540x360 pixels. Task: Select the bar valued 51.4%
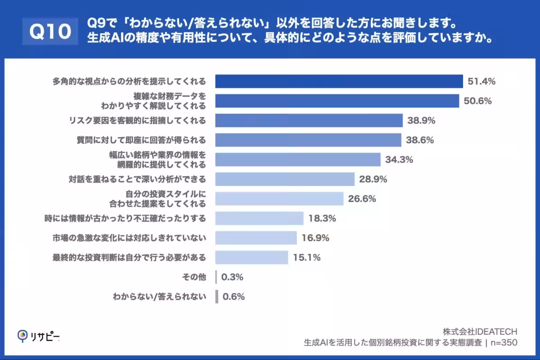[x=339, y=81]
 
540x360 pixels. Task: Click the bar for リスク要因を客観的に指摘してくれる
[x=309, y=121]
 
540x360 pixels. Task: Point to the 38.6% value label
[x=419, y=140]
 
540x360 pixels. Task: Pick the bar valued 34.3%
[x=298, y=159]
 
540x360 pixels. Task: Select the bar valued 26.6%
[x=279, y=198]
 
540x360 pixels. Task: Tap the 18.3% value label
[x=323, y=218]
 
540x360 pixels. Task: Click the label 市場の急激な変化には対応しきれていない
[x=129, y=238]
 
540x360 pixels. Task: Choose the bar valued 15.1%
[x=252, y=257]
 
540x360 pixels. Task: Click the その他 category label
[x=194, y=277]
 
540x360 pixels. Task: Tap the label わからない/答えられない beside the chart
[x=159, y=297]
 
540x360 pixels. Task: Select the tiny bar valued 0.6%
[x=217, y=297]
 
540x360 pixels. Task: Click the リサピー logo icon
[x=22, y=336]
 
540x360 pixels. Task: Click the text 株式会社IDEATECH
[x=480, y=331]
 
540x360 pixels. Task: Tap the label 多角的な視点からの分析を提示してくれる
[x=129, y=81]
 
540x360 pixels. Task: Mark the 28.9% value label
[x=373, y=179]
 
